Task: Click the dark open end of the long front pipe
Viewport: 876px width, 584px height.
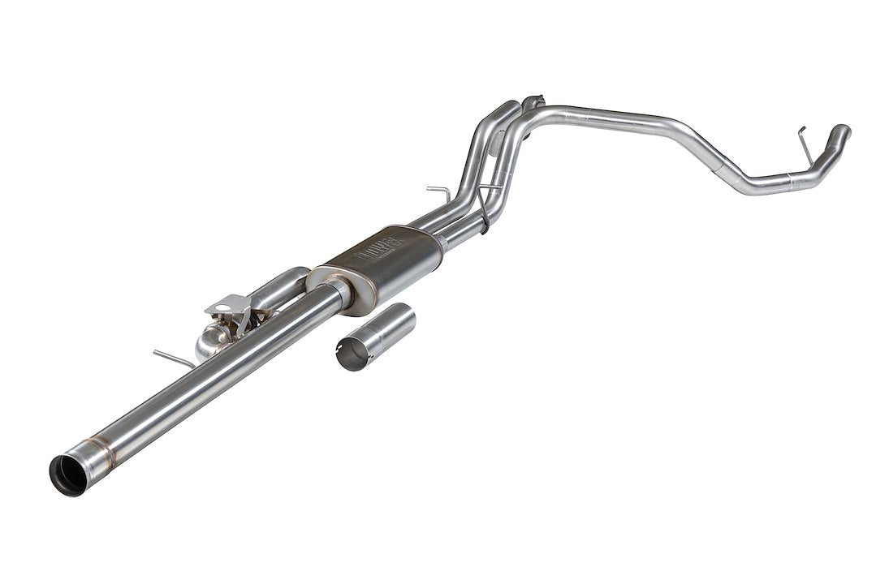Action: (x=68, y=474)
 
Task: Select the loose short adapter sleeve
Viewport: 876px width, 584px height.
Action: (x=375, y=337)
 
